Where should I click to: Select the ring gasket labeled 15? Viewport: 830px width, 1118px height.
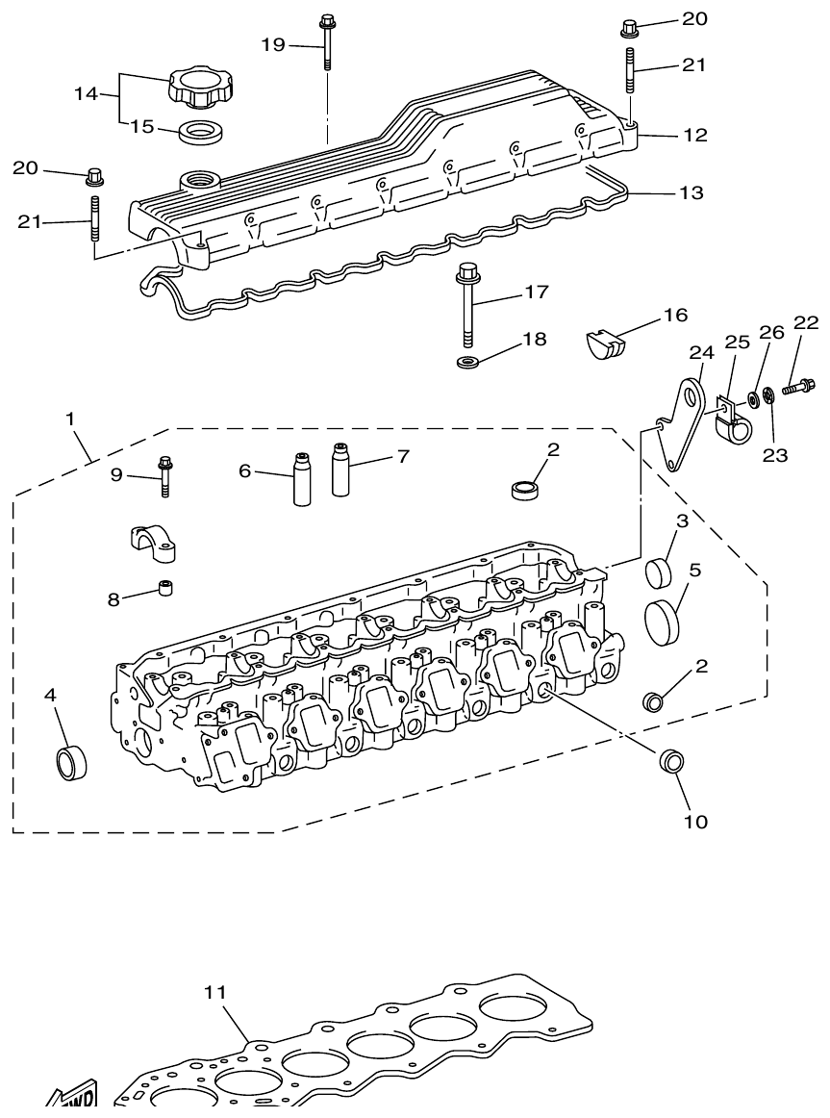[201, 131]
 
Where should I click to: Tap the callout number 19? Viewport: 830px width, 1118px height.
[274, 44]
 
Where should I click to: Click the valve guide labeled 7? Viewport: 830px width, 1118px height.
[340, 469]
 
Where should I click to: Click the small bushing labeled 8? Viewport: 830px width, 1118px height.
[166, 587]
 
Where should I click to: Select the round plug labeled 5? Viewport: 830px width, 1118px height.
[663, 618]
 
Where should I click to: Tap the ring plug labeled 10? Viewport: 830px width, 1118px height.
[671, 761]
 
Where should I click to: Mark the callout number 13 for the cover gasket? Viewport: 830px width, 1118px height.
[691, 193]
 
